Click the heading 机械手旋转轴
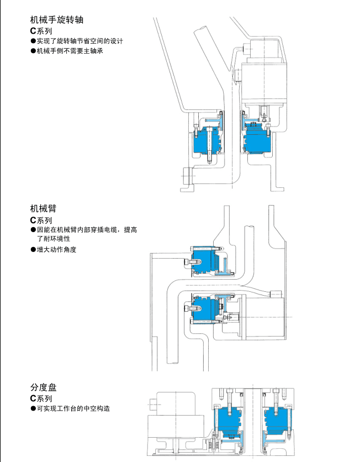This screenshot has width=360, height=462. [57, 20]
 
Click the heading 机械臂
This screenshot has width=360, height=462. [43, 209]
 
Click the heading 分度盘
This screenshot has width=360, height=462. [43, 387]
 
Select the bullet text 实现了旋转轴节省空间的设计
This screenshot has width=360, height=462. [80, 41]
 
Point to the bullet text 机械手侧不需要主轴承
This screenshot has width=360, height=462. [70, 51]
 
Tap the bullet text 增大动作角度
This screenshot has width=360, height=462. [56, 250]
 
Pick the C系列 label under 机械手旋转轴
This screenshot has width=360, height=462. [41, 32]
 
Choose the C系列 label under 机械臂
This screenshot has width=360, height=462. [41, 220]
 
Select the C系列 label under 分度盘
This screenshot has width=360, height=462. [41, 398]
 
